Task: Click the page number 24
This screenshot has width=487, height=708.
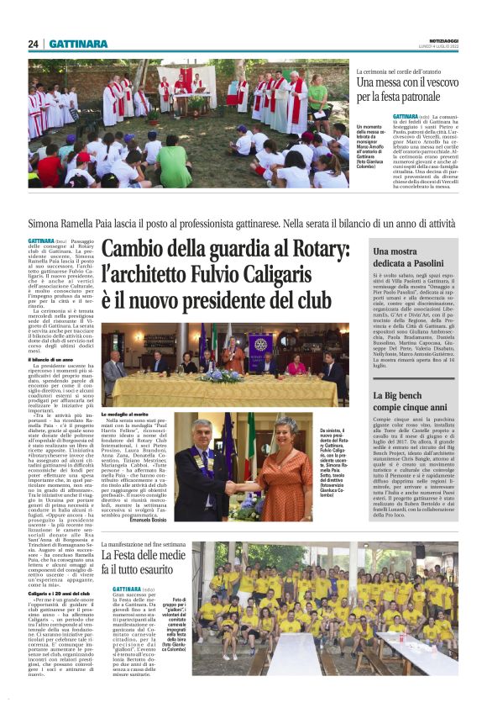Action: tap(33, 44)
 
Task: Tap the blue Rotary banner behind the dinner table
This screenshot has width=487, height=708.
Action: tap(258, 346)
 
